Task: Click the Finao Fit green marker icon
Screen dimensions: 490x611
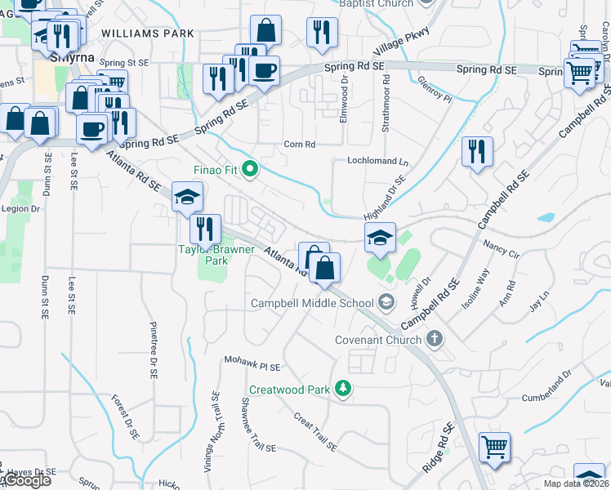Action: coord(251,170)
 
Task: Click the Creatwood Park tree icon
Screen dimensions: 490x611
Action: coord(345,390)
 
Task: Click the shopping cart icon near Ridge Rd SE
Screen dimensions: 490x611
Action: coord(493,447)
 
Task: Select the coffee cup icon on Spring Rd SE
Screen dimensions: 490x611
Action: coord(264,71)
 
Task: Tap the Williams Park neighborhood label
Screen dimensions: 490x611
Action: coord(136,34)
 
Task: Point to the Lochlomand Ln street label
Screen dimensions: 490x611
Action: coord(377,161)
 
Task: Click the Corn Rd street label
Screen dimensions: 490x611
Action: coord(299,145)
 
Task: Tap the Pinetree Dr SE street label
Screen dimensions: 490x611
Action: coord(153,350)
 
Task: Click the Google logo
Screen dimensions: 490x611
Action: coord(27,480)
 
